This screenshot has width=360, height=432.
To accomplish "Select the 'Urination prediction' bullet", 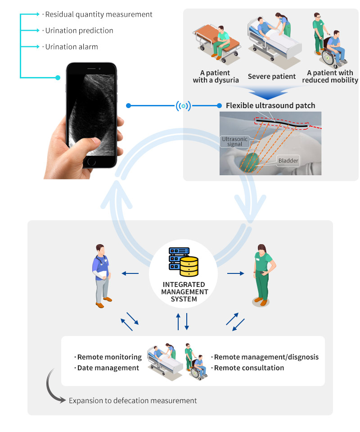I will [x=79, y=31].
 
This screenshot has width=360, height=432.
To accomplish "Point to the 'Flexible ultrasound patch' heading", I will [x=270, y=106].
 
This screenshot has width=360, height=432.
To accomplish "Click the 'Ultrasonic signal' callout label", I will [x=234, y=141].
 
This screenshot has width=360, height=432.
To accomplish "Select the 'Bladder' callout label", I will [x=288, y=160].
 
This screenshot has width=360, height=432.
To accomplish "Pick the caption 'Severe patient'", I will [x=272, y=77].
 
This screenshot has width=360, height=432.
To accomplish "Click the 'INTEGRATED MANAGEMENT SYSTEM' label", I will [x=184, y=292].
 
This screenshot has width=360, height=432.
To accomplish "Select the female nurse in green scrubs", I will [x=262, y=275].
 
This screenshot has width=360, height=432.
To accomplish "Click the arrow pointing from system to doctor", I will [x=130, y=273].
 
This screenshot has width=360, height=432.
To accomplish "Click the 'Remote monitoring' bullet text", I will [x=109, y=357].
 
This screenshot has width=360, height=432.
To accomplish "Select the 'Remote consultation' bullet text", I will [x=249, y=368].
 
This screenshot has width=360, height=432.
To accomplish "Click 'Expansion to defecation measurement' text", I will [x=133, y=400].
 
